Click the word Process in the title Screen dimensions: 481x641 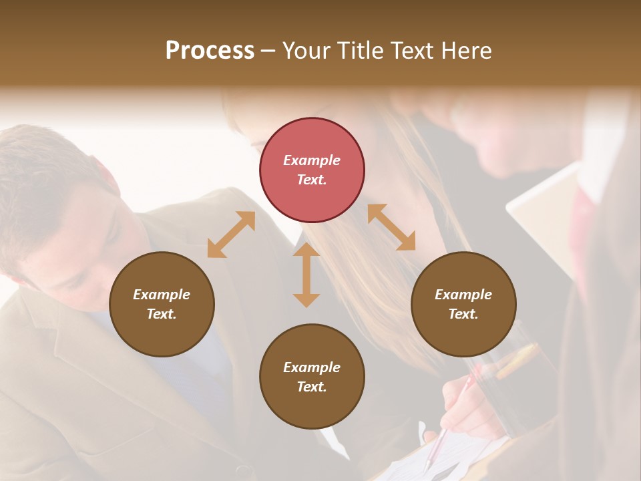point(210,51)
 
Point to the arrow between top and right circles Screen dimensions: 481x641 point(391,227)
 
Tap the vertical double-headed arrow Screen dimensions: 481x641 point(306,275)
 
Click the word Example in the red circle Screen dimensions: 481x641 point(312,160)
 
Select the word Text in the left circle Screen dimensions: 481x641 point(161,314)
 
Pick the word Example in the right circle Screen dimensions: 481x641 point(463,295)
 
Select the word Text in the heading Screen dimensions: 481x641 point(409,51)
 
